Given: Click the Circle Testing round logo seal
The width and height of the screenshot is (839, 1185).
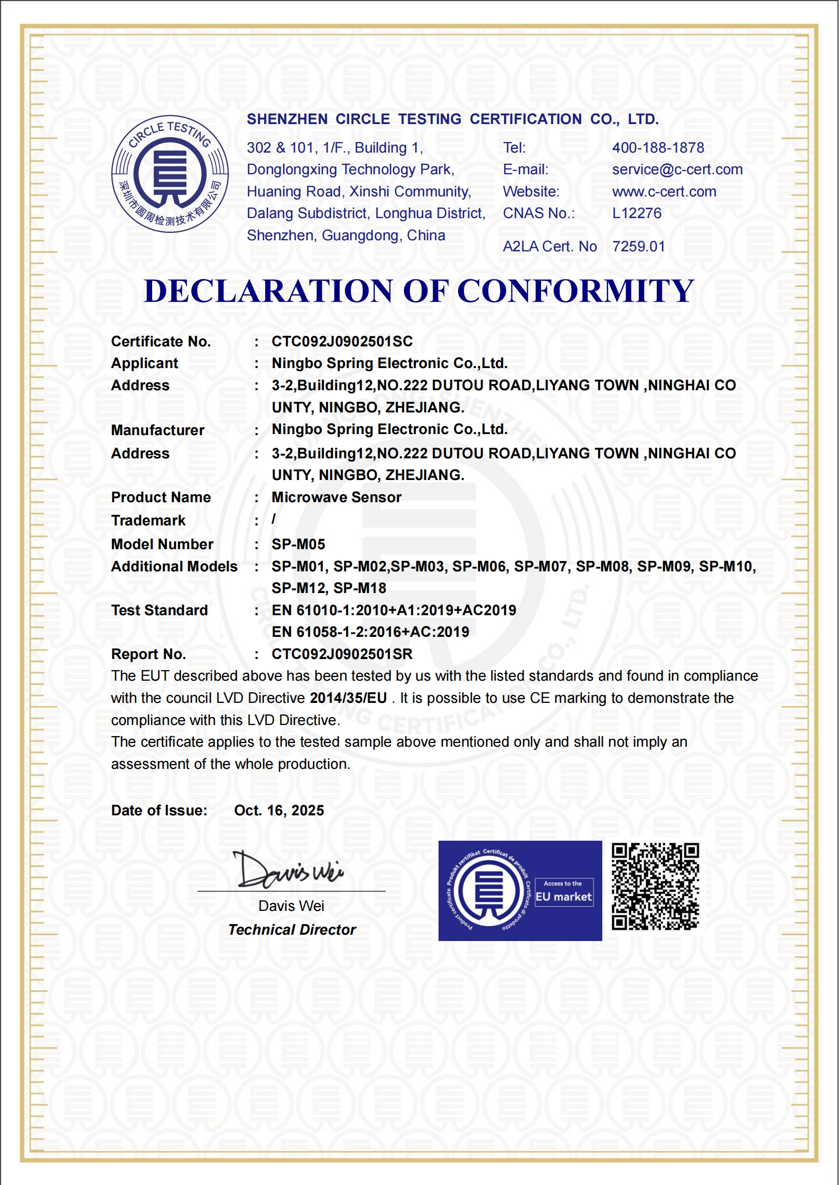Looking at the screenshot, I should (170, 174).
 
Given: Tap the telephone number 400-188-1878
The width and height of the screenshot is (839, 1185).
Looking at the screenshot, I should (658, 148).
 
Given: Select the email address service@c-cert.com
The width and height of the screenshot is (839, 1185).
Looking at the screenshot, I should (677, 170).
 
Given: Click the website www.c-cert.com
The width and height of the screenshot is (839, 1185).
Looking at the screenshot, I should (664, 192).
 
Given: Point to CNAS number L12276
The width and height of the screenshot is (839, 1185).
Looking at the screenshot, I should (637, 213).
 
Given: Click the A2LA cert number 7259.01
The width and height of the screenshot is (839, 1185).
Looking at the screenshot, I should (638, 247).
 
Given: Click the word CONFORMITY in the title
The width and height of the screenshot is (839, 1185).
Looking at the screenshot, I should (575, 291).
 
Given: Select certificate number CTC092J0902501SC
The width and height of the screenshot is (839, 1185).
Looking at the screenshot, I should (342, 342).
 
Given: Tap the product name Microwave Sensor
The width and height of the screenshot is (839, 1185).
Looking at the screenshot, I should (337, 497).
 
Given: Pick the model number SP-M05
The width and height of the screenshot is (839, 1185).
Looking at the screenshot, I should (299, 544).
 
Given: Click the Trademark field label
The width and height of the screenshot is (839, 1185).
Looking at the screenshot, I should (148, 521).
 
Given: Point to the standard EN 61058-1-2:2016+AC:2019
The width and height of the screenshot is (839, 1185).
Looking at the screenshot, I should (370, 632).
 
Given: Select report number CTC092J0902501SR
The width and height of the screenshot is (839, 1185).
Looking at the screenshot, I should (342, 654).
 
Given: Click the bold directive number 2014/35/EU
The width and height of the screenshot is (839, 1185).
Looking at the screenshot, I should (348, 698).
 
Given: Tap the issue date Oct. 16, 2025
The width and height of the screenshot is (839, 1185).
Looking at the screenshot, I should (279, 811).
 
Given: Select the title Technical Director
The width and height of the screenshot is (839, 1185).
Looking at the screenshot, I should (292, 930).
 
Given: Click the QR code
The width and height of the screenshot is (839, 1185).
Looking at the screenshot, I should (655, 887).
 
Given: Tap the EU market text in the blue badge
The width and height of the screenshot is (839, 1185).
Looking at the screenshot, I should (564, 897).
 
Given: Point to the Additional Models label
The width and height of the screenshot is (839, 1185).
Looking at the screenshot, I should (174, 567).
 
